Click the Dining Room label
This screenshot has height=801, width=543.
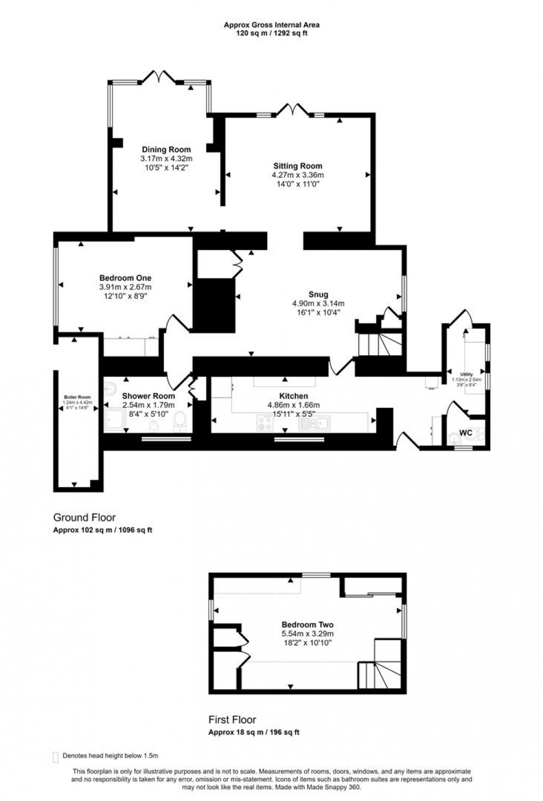tap(166, 150)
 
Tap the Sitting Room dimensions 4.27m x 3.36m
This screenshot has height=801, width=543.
tap(298, 175)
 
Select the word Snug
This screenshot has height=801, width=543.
tap(319, 294)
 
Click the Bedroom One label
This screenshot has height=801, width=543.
tap(125, 278)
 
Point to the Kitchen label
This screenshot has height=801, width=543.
tap(293, 396)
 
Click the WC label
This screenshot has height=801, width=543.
tap(466, 432)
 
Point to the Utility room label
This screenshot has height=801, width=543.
tap(466, 374)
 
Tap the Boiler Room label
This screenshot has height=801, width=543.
tap(77, 397)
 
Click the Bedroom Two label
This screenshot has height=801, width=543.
tap(308, 625)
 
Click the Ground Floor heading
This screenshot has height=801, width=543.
tap(84, 518)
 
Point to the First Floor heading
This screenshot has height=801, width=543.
tap(232, 720)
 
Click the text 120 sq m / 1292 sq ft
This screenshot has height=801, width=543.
tap(271, 33)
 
